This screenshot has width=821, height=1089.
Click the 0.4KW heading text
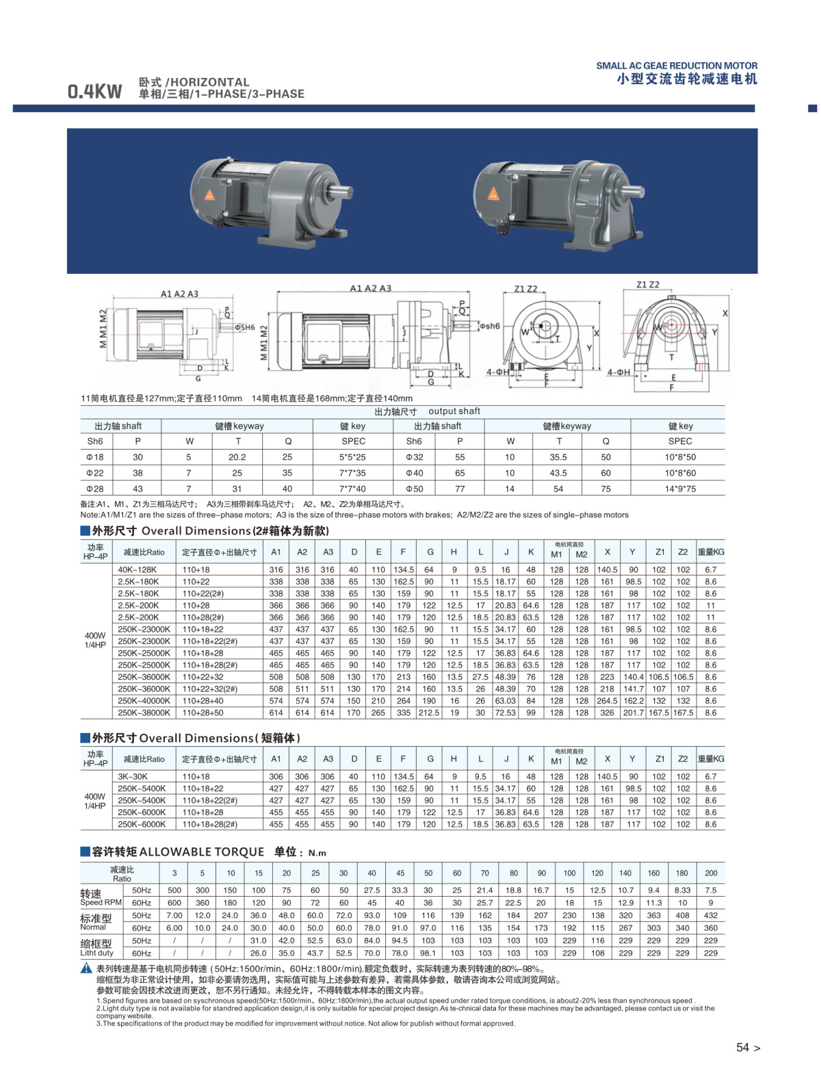[94, 91]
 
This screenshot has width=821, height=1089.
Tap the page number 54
[742, 1047]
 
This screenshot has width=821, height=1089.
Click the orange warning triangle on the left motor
[209, 194]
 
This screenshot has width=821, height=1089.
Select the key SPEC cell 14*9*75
[679, 489]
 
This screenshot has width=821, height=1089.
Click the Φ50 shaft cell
[414, 489]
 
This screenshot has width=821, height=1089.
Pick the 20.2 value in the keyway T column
[237, 457]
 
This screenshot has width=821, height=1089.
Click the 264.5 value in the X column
[607, 700]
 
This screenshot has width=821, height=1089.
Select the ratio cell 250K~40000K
[144, 700]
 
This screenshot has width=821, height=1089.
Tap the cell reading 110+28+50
[203, 713]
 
